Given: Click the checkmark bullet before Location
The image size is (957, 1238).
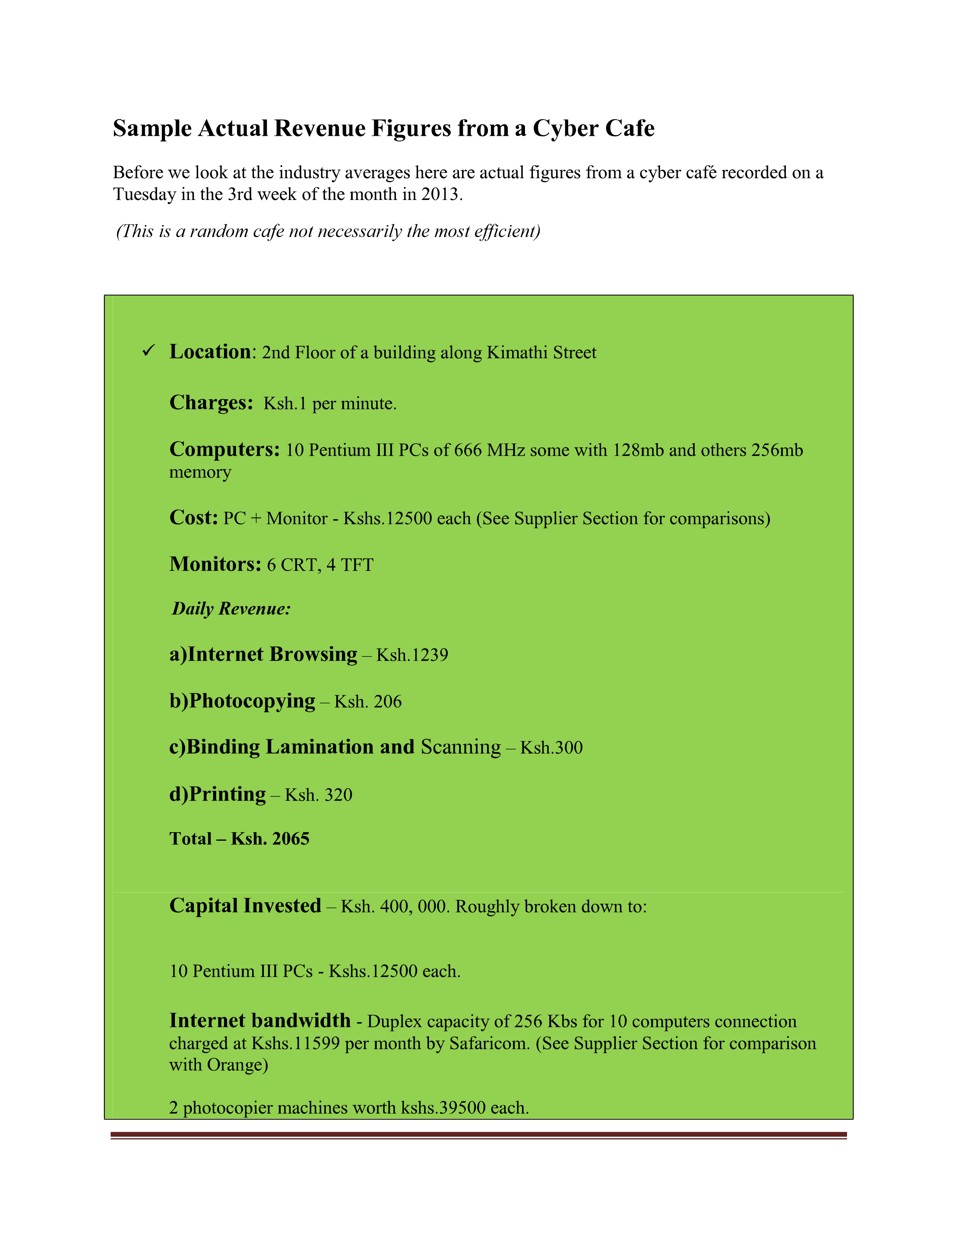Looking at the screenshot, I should click(149, 351).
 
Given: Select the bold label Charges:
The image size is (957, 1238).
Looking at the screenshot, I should click(211, 403).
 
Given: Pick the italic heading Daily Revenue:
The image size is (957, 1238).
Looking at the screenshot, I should click(231, 609).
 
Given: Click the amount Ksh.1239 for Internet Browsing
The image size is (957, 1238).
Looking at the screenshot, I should click(412, 655).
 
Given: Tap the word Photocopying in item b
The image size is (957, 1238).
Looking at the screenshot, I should click(252, 701).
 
